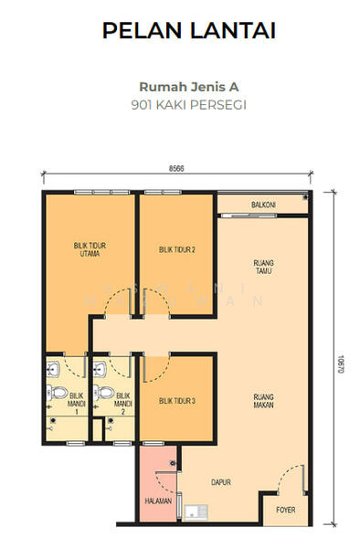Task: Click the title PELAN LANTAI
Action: click(x=189, y=30)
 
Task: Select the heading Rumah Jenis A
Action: click(x=189, y=87)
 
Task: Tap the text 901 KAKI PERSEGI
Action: click(x=189, y=105)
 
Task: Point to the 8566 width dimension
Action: click(x=176, y=168)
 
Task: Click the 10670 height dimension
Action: click(x=341, y=364)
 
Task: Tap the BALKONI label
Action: click(x=263, y=205)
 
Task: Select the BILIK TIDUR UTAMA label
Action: click(x=90, y=249)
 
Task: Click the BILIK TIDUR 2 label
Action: click(x=177, y=249)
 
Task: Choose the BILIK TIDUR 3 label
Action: click(x=177, y=401)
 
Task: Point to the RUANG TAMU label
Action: click(x=263, y=267)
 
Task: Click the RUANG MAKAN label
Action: click(x=263, y=401)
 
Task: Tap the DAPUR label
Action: click(x=221, y=482)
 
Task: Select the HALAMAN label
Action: click(x=158, y=501)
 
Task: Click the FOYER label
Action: click(x=286, y=510)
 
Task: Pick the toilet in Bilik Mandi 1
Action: click(x=57, y=393)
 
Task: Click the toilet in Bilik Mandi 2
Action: click(x=103, y=393)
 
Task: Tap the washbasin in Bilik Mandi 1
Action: click(x=53, y=369)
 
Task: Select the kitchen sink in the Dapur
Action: click(x=196, y=512)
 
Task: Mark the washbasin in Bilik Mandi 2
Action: click(x=100, y=369)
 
